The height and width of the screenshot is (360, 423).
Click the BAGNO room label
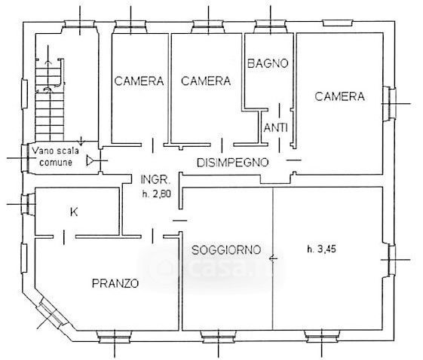click(x=268, y=63)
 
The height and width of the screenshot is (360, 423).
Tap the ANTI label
click(x=275, y=127)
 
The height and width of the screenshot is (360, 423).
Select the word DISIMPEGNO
click(x=233, y=163)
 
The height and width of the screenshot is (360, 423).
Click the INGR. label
click(x=155, y=179)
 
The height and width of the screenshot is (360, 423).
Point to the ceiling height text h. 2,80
click(x=157, y=194)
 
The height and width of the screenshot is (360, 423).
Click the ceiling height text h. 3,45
click(x=321, y=249)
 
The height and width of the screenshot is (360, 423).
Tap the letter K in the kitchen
click(x=74, y=212)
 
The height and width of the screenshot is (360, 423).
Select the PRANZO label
click(x=115, y=283)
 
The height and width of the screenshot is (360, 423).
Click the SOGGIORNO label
click(x=226, y=250)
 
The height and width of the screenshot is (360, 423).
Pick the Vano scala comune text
click(x=56, y=157)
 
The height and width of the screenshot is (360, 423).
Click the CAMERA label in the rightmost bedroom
click(x=339, y=96)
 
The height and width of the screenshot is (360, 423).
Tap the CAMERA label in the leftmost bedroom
click(x=139, y=81)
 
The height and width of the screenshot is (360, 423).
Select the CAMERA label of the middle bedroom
click(x=206, y=81)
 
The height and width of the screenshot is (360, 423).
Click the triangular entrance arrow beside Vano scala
click(x=90, y=160)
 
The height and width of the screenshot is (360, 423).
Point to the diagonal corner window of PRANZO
click(x=51, y=313)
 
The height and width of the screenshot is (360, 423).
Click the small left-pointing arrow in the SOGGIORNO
click(x=273, y=258)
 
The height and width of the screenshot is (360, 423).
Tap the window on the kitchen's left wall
click(x=28, y=204)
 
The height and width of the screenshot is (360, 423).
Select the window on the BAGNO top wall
click(x=270, y=26)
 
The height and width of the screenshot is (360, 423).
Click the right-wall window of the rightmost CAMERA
click(x=389, y=103)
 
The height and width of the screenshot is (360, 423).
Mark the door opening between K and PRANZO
click(x=64, y=236)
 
